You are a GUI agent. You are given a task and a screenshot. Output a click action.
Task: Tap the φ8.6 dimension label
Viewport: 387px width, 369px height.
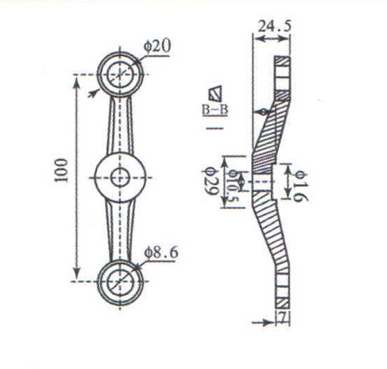tap(161, 252)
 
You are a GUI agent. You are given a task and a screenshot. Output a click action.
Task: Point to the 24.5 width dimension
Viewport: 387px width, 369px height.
tap(275, 26)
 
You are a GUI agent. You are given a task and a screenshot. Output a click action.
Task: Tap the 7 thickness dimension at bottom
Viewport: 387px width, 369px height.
tap(283, 318)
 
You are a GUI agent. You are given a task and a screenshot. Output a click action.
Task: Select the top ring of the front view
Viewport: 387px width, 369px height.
tap(121, 72)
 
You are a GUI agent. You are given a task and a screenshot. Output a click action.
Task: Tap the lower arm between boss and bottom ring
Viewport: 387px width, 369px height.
tap(121, 229)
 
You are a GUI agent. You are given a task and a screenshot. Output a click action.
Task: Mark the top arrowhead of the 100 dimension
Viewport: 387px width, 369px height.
tap(76, 78)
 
